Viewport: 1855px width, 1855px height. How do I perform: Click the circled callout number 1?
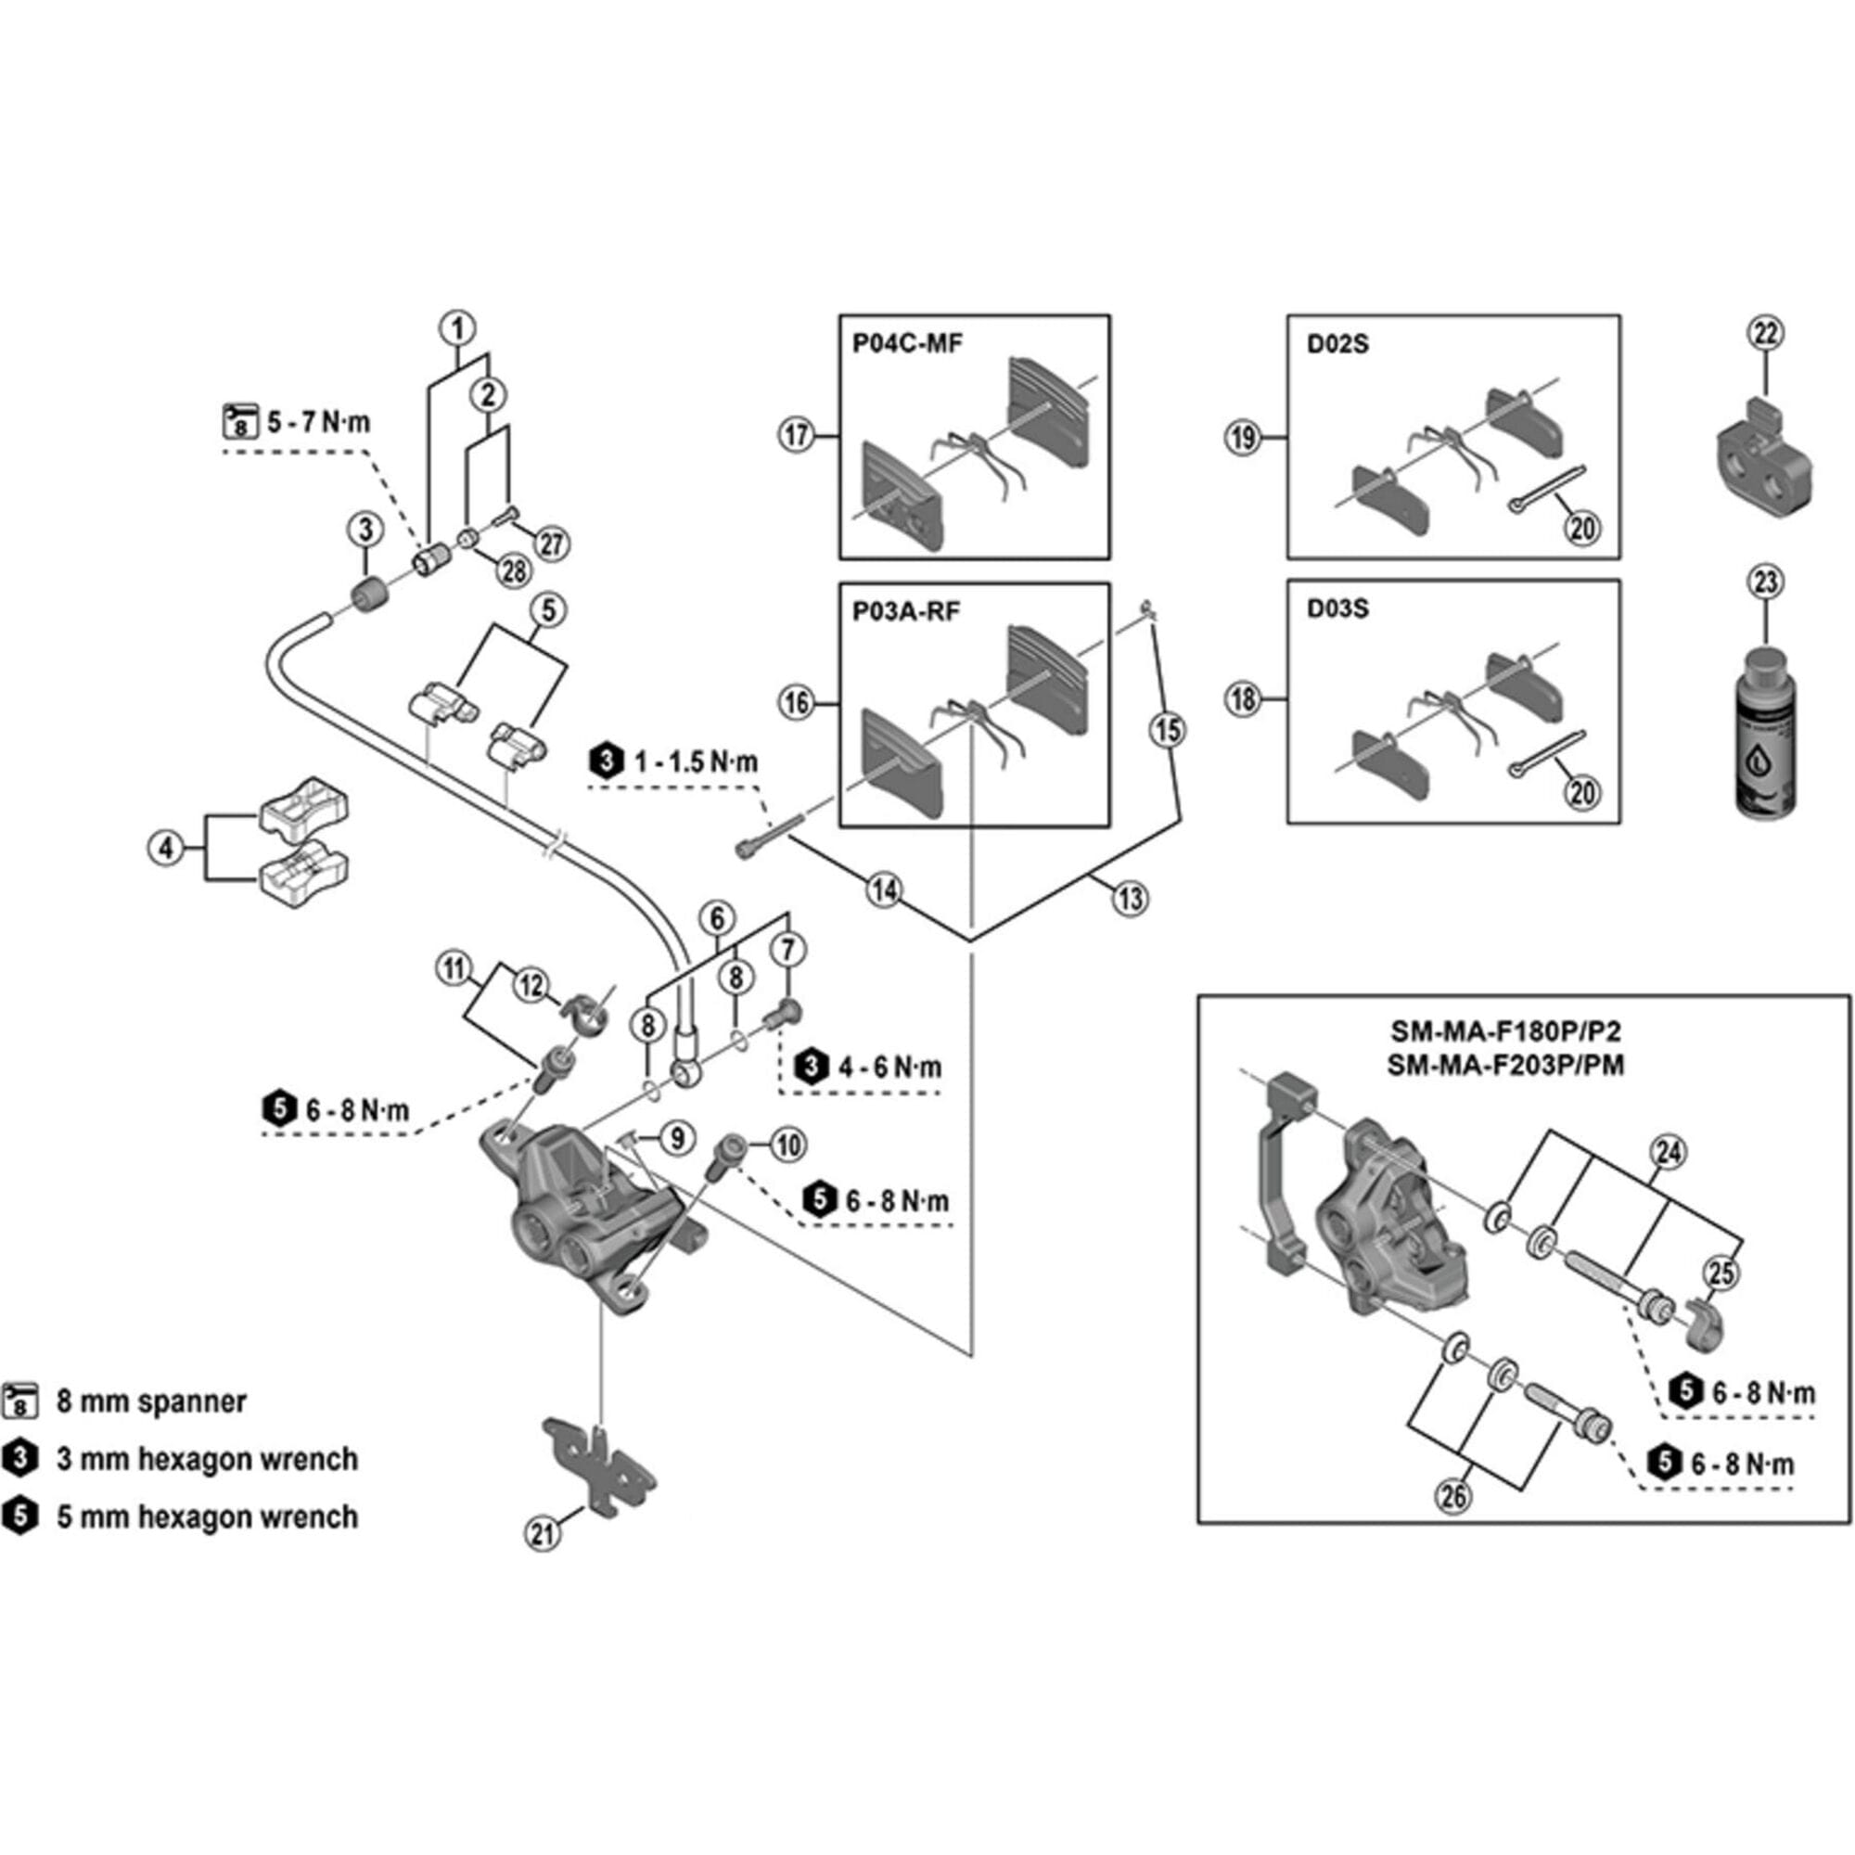point(458,328)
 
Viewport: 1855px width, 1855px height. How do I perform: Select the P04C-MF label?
point(906,344)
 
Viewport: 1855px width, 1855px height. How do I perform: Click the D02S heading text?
point(1337,344)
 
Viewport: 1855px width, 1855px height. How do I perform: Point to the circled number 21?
point(544,1533)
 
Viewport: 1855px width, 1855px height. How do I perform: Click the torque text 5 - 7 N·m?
point(318,422)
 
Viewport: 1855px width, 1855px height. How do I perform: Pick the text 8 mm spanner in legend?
point(152,1401)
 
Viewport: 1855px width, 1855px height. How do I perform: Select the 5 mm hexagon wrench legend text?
point(207,1516)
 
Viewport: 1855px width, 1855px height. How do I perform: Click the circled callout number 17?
point(797,435)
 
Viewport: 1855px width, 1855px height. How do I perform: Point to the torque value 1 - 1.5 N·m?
point(695,762)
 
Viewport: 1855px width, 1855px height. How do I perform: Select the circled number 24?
point(1669,1151)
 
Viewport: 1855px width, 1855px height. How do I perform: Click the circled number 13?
point(1130,898)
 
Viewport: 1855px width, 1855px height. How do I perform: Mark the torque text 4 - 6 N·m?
point(890,1067)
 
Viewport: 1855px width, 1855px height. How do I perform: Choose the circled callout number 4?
point(166,848)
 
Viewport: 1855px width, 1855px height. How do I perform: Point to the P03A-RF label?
point(905,611)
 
